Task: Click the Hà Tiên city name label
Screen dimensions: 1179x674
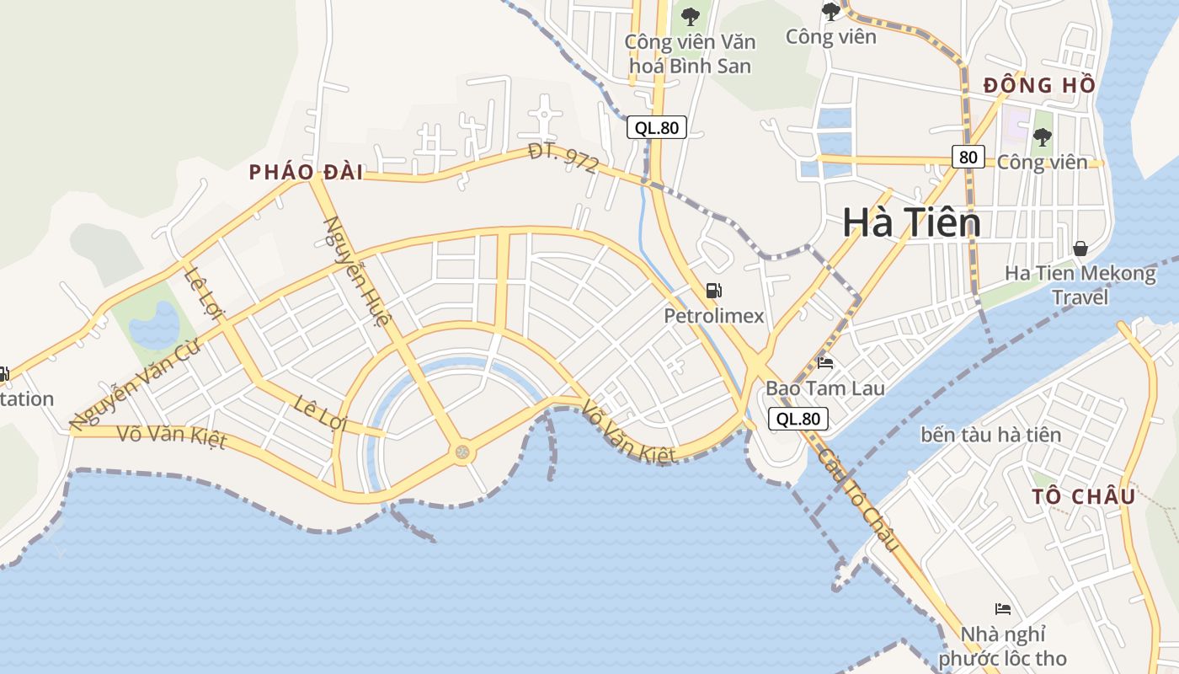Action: (912, 222)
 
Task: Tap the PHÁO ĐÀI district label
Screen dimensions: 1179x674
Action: (306, 173)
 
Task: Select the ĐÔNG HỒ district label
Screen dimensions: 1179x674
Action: (1039, 85)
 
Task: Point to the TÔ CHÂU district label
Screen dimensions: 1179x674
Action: (1084, 496)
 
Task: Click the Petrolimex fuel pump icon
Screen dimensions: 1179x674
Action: (714, 292)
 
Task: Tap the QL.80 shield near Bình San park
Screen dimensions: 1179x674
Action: (657, 127)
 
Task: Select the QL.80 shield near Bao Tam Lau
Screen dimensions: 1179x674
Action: (798, 419)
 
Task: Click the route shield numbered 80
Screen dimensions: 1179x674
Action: (968, 157)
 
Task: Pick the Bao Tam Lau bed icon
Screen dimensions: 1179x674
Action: (826, 364)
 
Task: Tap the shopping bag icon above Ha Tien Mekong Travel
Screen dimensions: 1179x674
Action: (1080, 249)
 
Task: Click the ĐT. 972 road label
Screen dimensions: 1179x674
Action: (563, 158)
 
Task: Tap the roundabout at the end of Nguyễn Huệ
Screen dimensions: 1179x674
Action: (462, 453)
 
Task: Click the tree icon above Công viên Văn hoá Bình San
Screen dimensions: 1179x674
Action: (691, 16)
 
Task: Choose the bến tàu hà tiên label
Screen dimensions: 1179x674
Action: (990, 435)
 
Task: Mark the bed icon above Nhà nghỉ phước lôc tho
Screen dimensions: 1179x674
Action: (1002, 609)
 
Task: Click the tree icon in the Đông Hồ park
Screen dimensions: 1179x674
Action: (1043, 136)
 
